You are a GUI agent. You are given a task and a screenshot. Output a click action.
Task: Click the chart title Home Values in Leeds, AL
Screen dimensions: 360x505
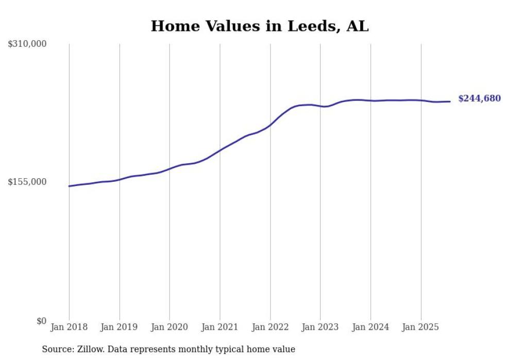point(260,26)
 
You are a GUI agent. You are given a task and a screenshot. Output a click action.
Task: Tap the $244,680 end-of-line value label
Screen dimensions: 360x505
point(479,98)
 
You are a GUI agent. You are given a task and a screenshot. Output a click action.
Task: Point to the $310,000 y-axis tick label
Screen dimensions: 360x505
point(27,44)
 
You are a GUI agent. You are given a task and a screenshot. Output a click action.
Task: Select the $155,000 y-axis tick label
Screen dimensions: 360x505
point(27,182)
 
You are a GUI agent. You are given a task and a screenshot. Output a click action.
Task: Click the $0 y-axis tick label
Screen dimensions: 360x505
point(41,321)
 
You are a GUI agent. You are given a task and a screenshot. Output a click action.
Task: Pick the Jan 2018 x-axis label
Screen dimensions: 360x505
point(69,328)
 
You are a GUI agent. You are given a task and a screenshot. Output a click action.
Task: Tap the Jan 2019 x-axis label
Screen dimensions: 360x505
point(120,328)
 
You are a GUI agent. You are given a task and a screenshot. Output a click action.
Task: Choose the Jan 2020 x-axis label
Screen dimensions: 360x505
point(170,328)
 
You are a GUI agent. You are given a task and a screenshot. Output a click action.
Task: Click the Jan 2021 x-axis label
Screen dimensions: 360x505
point(220,328)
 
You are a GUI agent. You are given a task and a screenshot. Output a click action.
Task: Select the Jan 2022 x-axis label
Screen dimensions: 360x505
point(270,328)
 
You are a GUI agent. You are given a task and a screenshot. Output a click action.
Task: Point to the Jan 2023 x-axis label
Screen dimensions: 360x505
point(320,328)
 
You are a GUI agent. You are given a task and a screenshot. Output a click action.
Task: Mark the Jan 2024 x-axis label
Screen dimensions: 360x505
point(371,328)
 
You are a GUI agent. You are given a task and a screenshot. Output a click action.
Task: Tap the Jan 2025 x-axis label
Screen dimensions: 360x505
point(421,328)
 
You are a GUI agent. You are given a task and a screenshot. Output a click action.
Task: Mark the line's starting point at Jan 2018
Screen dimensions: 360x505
point(69,186)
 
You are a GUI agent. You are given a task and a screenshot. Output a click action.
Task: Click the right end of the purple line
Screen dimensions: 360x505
point(450,101)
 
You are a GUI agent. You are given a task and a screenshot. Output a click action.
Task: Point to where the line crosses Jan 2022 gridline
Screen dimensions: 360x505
point(270,125)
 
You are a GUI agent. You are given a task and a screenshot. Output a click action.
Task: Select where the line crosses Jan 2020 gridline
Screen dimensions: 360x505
point(170,168)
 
